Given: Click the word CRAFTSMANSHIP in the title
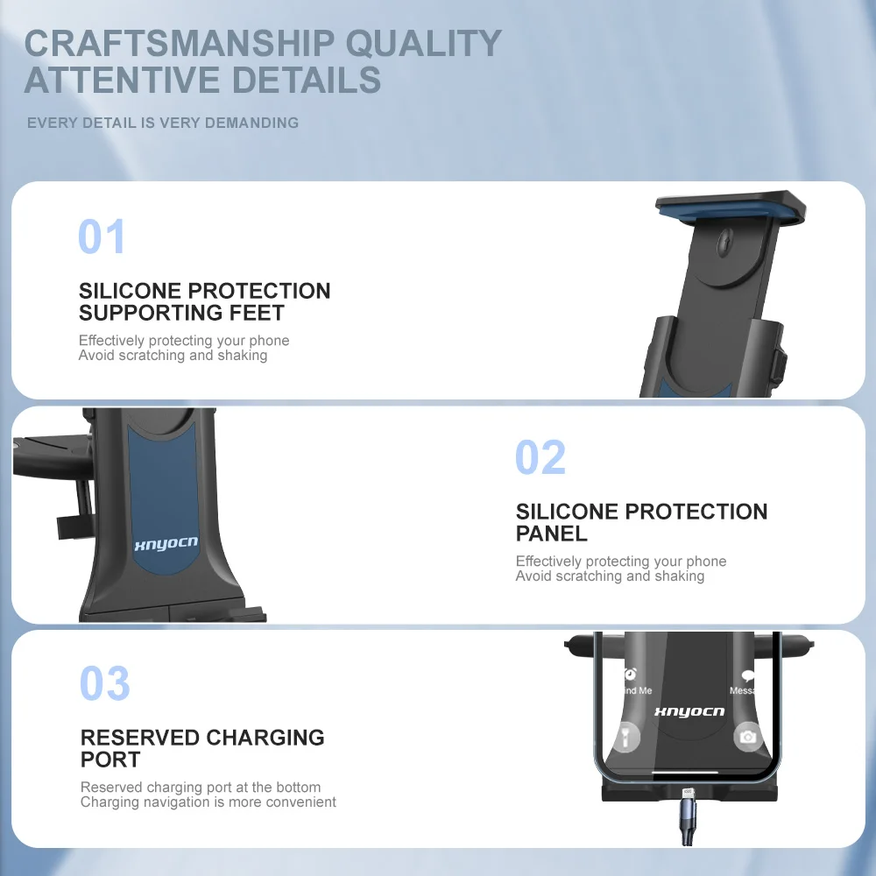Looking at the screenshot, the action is pos(180,43).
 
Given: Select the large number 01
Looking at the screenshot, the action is pos(101,237).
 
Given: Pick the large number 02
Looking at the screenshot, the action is pos(540,457).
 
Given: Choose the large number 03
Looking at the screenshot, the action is pos(105,683).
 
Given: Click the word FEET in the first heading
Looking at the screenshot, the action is pos(257,313).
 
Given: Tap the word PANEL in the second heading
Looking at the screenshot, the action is pos(551,533).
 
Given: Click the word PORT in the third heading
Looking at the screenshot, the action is pos(110,759).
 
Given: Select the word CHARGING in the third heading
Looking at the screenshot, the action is pos(265,738).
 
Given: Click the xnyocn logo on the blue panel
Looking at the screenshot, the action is pos(166,544).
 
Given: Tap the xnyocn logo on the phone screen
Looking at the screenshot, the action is pos(689,711).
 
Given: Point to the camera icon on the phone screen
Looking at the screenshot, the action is pos(747,737).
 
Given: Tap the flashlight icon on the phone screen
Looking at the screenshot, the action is pos(626,737).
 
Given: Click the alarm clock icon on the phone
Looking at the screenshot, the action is pos(630,674).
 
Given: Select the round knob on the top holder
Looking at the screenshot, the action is pos(724,242).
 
